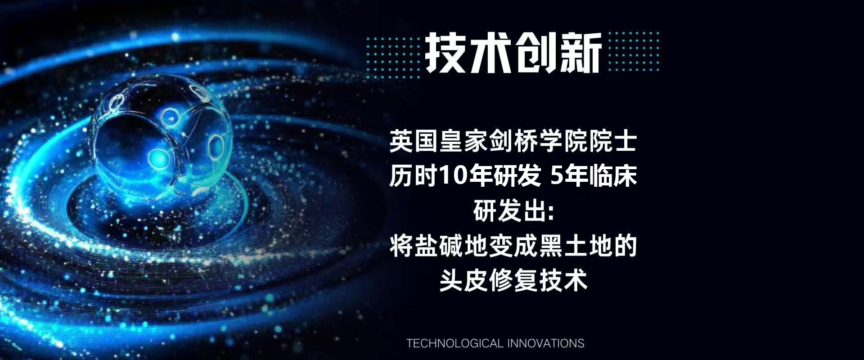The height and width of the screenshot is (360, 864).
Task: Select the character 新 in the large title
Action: pos(580,53)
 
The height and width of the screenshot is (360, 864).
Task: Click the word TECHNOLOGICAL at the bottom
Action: pos(454,343)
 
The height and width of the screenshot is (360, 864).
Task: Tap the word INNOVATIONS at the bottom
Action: pos(546,343)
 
